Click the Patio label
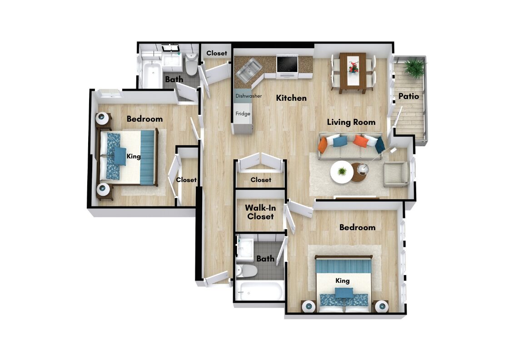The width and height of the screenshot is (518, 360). click(x=408, y=96)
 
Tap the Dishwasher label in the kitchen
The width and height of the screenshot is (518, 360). click(x=249, y=96)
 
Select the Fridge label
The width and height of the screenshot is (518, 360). click(x=243, y=113)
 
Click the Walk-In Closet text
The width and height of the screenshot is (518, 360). click(x=260, y=212)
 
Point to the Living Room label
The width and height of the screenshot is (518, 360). click(x=351, y=122)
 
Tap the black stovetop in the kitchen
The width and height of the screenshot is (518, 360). click(x=287, y=64)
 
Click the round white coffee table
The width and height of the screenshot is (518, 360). click(x=342, y=172)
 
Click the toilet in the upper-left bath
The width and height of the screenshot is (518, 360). click(x=192, y=64)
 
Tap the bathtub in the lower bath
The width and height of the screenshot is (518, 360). click(x=260, y=291)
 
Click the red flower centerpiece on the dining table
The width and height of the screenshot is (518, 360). click(x=353, y=67)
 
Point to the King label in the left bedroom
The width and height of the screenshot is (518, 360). click(x=134, y=157)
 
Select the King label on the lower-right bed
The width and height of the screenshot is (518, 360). click(x=342, y=281)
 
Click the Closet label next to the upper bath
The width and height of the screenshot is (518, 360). click(x=217, y=53)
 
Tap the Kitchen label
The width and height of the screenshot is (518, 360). click(x=291, y=98)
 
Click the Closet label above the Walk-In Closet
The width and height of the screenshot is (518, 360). click(x=261, y=180)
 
